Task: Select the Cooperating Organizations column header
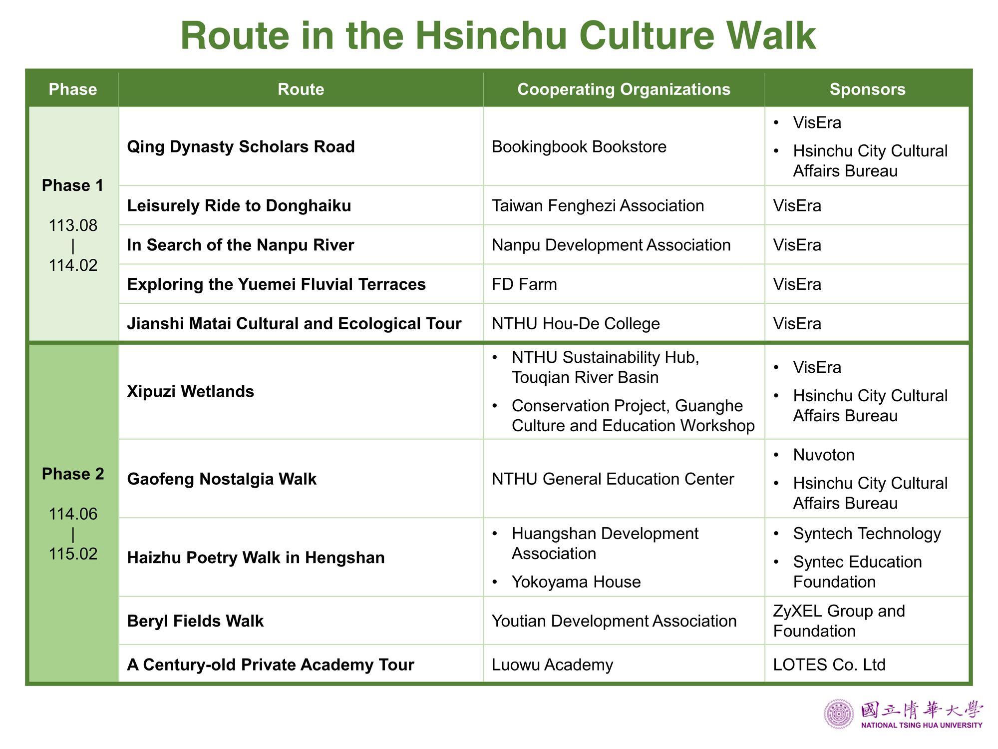click(x=624, y=89)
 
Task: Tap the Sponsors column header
click(x=867, y=89)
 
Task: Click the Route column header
click(x=301, y=89)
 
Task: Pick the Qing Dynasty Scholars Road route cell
click(x=241, y=146)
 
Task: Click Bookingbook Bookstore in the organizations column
click(x=579, y=146)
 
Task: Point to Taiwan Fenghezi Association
click(x=598, y=205)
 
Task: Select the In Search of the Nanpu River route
click(x=241, y=245)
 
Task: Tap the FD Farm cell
click(x=524, y=284)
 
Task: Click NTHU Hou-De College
click(x=576, y=324)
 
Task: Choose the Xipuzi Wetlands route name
click(x=191, y=391)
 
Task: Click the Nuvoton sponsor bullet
click(x=824, y=455)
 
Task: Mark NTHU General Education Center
click(x=613, y=479)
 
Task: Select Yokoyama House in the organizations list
click(x=576, y=582)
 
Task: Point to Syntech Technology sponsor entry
click(x=867, y=534)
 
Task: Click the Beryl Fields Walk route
click(x=195, y=621)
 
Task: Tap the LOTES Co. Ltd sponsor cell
click(x=829, y=665)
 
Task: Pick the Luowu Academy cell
click(x=552, y=665)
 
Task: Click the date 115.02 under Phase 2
click(x=73, y=554)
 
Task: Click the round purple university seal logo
click(x=839, y=715)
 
